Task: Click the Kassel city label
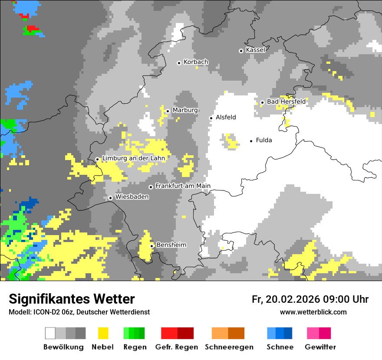(x=255, y=50)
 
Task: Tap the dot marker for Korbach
(x=179, y=63)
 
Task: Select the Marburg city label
(x=185, y=110)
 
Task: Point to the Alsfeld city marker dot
(x=211, y=118)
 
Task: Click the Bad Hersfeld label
(x=286, y=101)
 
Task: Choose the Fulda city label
(x=264, y=140)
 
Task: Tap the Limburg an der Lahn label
(x=133, y=158)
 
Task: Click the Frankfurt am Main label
(x=183, y=186)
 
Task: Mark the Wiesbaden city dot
(x=111, y=198)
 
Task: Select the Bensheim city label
(x=171, y=245)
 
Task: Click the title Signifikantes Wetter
(x=72, y=299)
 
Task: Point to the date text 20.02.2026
(x=292, y=299)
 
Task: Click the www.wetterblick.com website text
(x=313, y=312)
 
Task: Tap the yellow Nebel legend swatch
(x=103, y=333)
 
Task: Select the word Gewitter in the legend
(x=320, y=347)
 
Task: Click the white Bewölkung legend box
(x=50, y=333)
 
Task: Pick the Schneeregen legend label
(x=228, y=347)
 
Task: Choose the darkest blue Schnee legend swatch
(x=288, y=333)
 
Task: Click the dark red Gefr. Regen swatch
(x=185, y=333)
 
